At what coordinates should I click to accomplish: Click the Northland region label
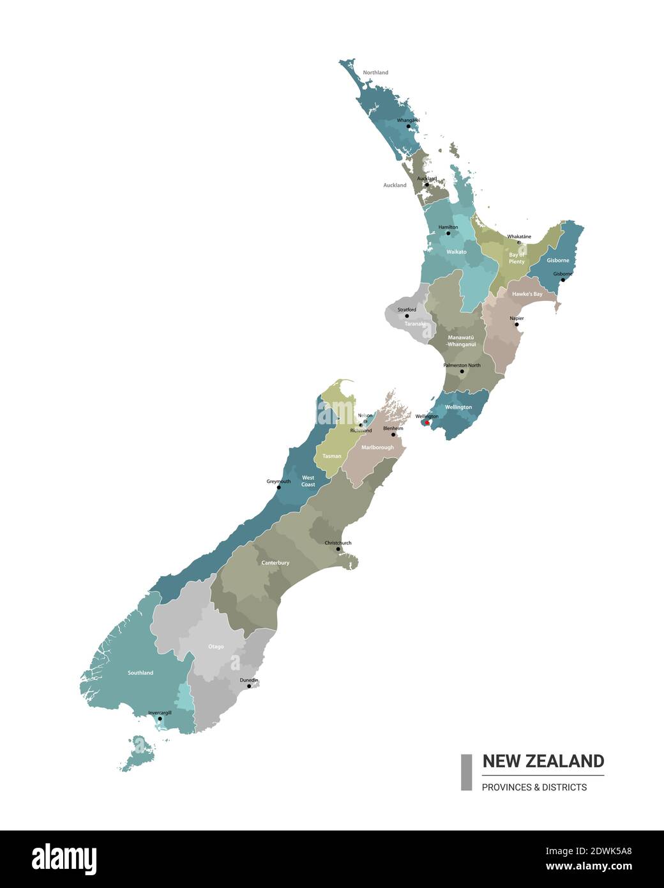[375, 73]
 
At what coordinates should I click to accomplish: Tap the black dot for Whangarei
[409, 126]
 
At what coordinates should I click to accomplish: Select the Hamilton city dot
[448, 233]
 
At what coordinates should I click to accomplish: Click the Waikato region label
[456, 252]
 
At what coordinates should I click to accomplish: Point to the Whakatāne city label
[519, 237]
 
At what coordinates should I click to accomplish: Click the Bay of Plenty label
[517, 258]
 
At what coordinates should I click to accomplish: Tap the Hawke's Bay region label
[527, 294]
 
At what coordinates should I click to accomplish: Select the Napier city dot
[517, 325]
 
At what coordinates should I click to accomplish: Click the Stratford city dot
[407, 316]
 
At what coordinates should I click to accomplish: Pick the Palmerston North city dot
[462, 371]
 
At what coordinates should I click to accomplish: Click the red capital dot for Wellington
[426, 422]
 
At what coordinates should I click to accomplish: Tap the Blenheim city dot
[393, 434]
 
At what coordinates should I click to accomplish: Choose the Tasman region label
[331, 456]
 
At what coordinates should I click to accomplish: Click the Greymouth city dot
[278, 487]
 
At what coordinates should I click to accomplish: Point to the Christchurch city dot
[338, 549]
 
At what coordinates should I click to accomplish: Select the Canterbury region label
[275, 563]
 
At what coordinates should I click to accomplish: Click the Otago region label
[216, 647]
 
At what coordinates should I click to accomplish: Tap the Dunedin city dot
[249, 686]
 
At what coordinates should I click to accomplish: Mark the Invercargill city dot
[160, 719]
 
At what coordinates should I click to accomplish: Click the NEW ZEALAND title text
[543, 761]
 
